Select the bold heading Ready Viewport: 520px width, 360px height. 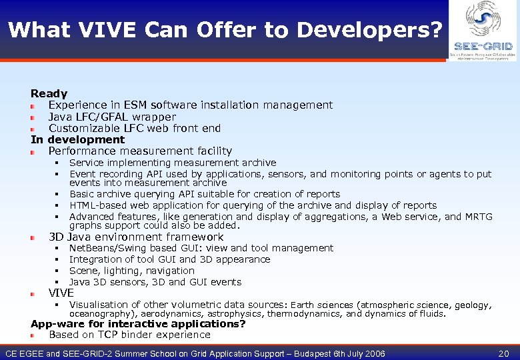point(49,94)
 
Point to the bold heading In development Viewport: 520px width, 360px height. point(77,139)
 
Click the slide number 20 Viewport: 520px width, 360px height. point(503,353)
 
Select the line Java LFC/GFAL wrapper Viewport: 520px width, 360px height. point(112,117)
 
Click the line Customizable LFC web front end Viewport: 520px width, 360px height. point(134,128)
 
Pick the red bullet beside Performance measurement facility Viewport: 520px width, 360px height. point(33,152)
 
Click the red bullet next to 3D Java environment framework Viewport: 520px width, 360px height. point(33,238)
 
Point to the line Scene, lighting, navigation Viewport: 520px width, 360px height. point(131,271)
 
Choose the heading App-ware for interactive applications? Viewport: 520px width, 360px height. point(138,324)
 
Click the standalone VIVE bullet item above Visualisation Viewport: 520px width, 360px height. point(61,293)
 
